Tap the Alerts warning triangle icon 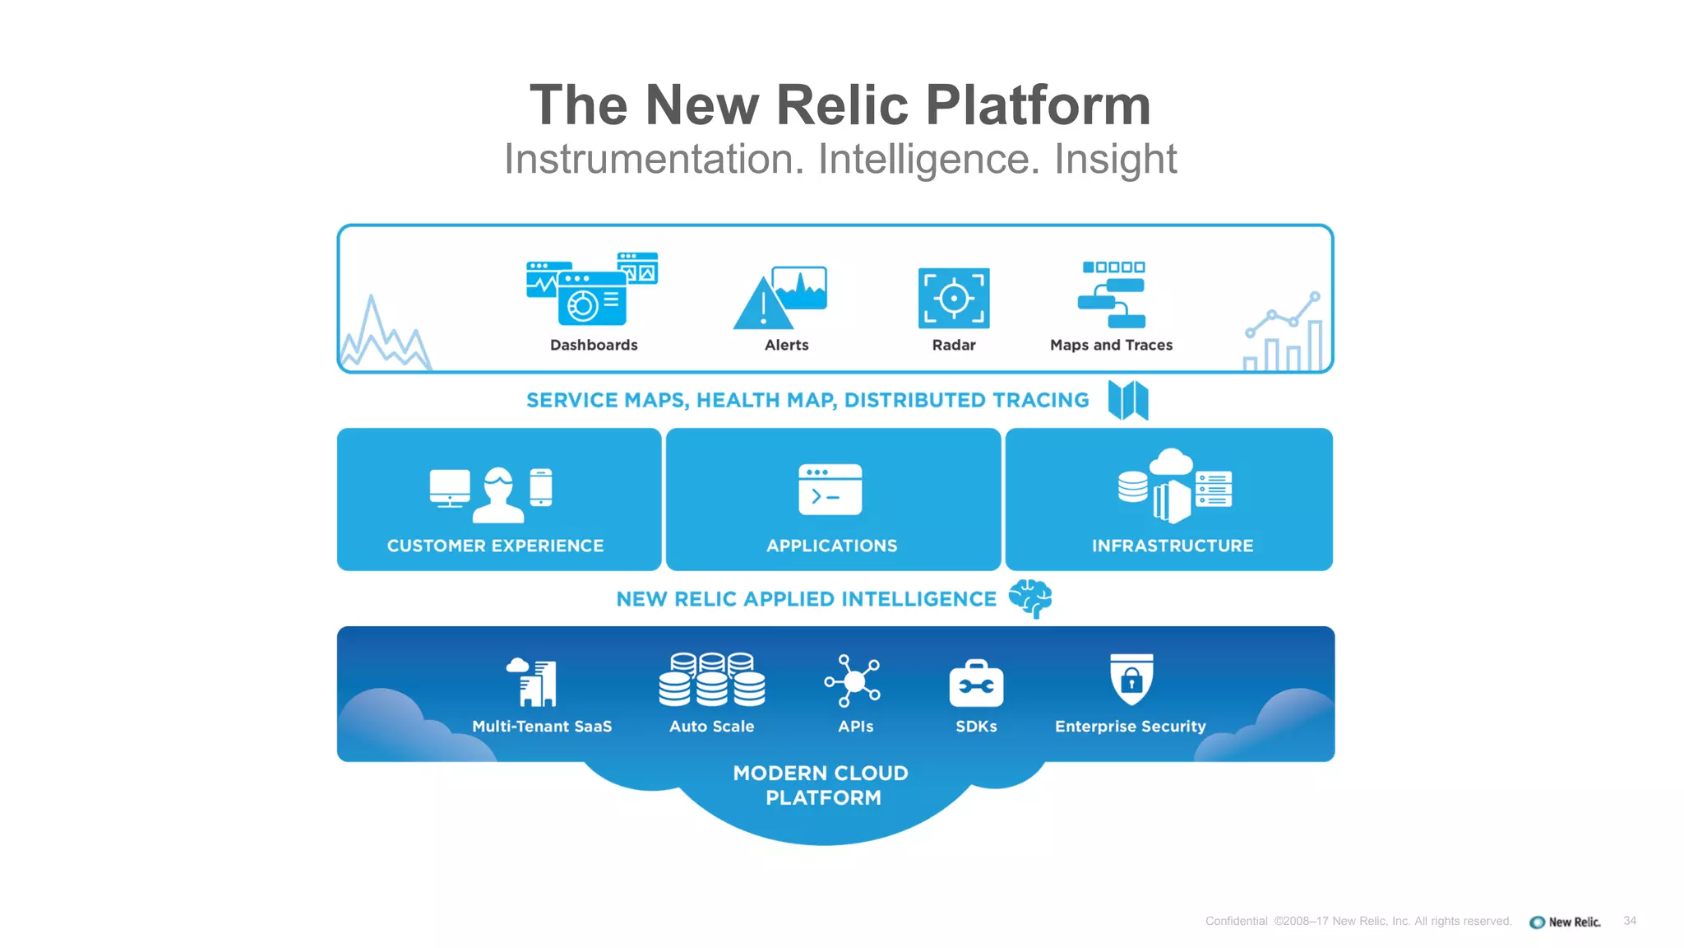761,304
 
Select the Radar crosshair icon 954,298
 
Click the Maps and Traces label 1111,346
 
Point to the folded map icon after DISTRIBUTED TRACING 1128,400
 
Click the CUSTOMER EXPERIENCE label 495,546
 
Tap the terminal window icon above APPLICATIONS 830,490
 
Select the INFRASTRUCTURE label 1173,546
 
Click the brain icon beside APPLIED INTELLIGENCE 1030,598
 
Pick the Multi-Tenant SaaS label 542,727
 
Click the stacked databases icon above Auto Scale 712,681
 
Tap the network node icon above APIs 854,681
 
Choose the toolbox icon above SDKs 976,684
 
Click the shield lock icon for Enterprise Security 1131,680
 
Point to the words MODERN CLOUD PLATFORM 821,785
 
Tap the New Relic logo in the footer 1565,922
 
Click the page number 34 1630,921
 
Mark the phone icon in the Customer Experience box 541,487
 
